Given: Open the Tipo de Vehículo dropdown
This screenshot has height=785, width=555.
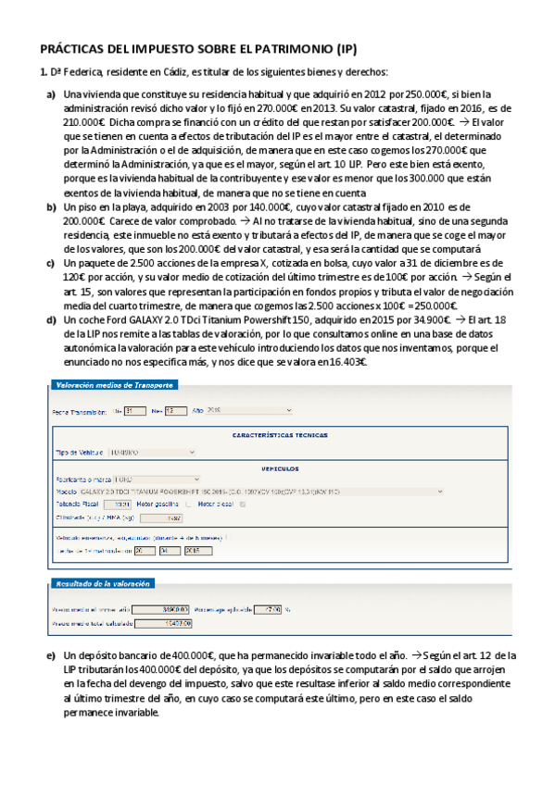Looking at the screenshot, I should (152, 453).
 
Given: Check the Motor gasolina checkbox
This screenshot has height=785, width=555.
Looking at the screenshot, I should (189, 505).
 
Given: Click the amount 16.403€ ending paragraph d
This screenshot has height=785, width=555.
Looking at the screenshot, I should (344, 362).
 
